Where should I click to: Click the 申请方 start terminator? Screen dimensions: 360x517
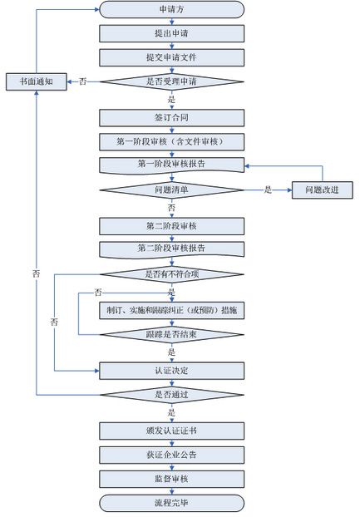[172, 9]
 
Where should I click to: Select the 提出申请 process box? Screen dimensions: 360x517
[172, 33]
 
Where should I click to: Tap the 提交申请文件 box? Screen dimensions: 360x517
[172, 57]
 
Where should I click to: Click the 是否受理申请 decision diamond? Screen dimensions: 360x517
[172, 81]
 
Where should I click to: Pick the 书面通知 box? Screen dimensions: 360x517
[37, 81]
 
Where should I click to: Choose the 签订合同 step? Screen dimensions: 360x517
[172, 118]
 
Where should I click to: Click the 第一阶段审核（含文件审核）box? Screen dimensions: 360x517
[172, 142]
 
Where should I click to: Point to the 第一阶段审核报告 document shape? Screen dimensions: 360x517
[172, 165]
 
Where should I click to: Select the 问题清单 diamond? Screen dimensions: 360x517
[172, 190]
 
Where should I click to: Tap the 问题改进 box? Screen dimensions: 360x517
[323, 190]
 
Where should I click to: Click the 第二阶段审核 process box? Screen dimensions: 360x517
[172, 226]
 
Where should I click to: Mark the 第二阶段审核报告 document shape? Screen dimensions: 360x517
[172, 250]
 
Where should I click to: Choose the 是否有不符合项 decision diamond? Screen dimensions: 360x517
[172, 274]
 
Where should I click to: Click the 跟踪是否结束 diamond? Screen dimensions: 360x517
[172, 335]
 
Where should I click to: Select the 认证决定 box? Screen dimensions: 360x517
[172, 371]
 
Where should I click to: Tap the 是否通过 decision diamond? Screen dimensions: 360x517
[172, 395]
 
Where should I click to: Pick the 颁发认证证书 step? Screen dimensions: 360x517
[172, 431]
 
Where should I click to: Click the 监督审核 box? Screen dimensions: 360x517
[172, 479]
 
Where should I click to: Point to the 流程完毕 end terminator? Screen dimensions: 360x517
[172, 503]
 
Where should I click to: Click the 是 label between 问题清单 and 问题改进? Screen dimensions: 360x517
[268, 190]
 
